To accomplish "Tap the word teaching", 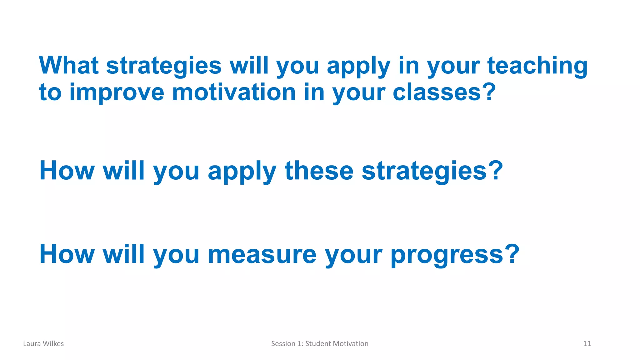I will [x=537, y=66].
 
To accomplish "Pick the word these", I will [x=319, y=171].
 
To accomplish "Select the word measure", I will [x=262, y=254].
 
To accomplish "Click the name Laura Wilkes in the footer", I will [x=43, y=344].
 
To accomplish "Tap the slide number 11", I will [x=587, y=344].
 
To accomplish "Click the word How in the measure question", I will [x=67, y=254].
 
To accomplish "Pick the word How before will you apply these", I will [x=67, y=171].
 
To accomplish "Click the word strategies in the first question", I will [x=164, y=66].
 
